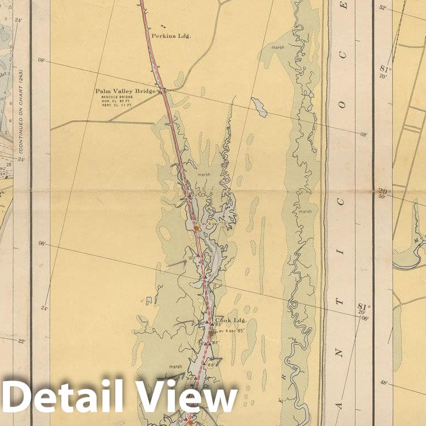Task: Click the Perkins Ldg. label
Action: (x=171, y=35)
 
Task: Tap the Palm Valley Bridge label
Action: (x=125, y=90)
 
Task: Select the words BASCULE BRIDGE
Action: (x=116, y=97)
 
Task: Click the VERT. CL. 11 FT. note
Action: (x=116, y=106)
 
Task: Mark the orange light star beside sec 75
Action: (x=196, y=228)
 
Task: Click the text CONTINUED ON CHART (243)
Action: (x=21, y=112)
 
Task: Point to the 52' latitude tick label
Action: (x=383, y=8)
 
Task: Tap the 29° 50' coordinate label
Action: (x=384, y=193)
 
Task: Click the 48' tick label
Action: (x=383, y=383)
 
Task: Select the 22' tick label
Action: (x=21, y=341)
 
